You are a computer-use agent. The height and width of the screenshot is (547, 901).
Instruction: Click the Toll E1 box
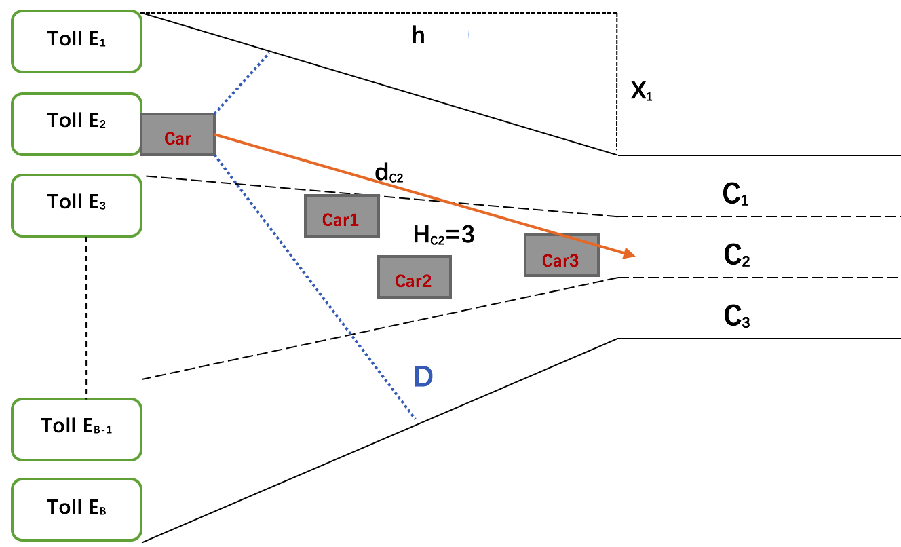tap(76, 41)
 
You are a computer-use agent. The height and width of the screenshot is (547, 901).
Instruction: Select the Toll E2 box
tap(76, 123)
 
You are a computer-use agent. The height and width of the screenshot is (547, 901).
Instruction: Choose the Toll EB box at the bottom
tap(76, 508)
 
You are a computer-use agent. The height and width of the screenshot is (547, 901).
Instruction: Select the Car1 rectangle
tap(341, 216)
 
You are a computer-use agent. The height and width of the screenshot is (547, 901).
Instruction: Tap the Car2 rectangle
tap(414, 277)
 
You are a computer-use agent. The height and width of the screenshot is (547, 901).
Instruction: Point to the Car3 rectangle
tap(561, 255)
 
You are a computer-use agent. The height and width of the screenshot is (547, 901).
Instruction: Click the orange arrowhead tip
tap(633, 256)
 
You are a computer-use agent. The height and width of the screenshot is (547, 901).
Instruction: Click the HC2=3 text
tap(443, 235)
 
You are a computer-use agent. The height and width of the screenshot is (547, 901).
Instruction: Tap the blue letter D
tap(423, 377)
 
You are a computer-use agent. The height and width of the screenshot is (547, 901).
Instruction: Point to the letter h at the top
tap(418, 35)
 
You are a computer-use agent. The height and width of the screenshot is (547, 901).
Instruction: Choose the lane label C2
tap(737, 256)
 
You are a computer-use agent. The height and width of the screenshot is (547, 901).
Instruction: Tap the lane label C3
tap(737, 317)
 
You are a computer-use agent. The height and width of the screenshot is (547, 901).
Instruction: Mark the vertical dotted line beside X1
tap(617, 81)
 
